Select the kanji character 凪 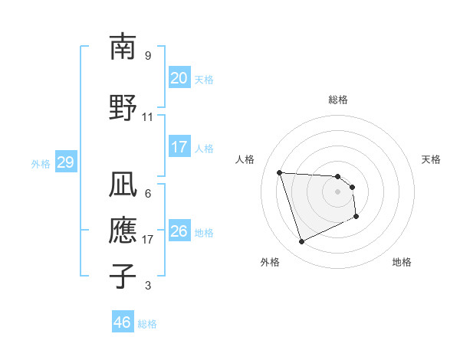pyautogui.click(x=123, y=184)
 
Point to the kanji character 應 pyautogui.click(x=123, y=230)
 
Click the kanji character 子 pyautogui.click(x=123, y=276)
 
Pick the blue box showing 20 pyautogui.click(x=179, y=78)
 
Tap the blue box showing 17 pyautogui.click(x=179, y=147)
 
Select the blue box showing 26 pyautogui.click(x=179, y=231)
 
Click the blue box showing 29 pyautogui.click(x=65, y=162)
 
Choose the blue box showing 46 pyautogui.click(x=122, y=322)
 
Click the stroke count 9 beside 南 pyautogui.click(x=148, y=56)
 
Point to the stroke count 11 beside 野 pyautogui.click(x=148, y=117)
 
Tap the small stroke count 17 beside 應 pyautogui.click(x=148, y=240)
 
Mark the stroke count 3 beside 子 pyautogui.click(x=148, y=286)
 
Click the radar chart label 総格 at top pyautogui.click(x=338, y=100)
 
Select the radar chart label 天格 pyautogui.click(x=432, y=159)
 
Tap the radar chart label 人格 pyautogui.click(x=245, y=159)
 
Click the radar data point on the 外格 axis pyautogui.click(x=301, y=242)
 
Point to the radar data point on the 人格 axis pyautogui.click(x=280, y=173)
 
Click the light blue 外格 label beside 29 pyautogui.click(x=41, y=163)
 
